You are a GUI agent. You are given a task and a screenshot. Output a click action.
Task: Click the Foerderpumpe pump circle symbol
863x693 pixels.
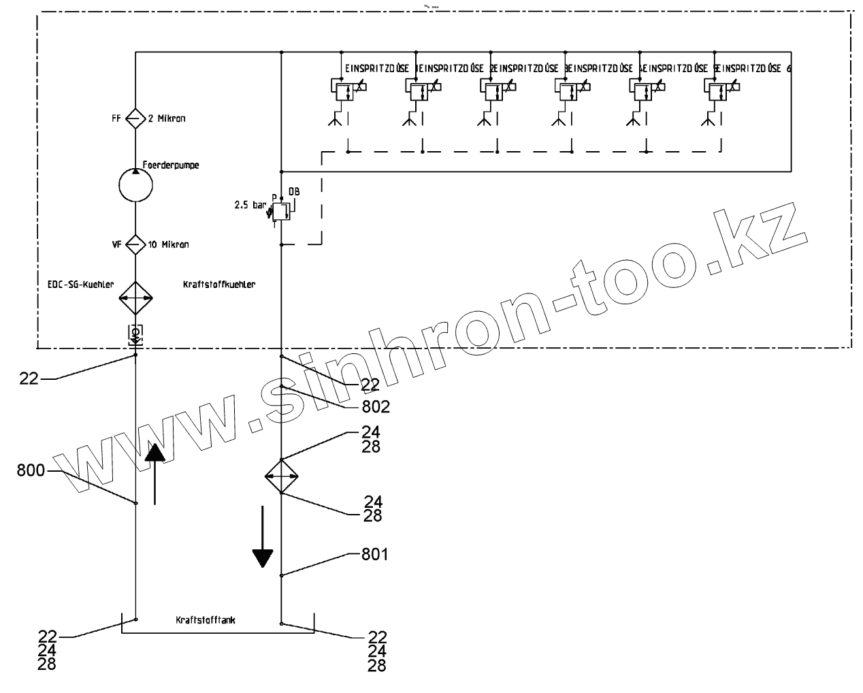(135, 183)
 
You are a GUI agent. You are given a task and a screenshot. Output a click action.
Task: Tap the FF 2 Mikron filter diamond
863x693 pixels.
(135, 118)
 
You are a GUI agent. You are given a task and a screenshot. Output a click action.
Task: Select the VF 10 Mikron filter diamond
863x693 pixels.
(135, 244)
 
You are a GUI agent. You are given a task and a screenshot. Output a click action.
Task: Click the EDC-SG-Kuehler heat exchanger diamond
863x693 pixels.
(135, 297)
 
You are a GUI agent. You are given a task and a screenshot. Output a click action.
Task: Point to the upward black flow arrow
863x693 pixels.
(155, 473)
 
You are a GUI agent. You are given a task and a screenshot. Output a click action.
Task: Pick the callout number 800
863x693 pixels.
(31, 470)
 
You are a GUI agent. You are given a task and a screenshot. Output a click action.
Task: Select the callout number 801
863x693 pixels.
(374, 554)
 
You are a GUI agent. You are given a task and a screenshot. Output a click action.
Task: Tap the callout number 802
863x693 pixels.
(376, 407)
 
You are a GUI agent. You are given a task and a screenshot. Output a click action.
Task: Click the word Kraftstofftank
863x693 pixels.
(206, 620)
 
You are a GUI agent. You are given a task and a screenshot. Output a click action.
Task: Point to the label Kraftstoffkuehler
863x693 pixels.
(219, 285)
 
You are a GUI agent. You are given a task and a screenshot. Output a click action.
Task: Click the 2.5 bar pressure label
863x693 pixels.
(249, 204)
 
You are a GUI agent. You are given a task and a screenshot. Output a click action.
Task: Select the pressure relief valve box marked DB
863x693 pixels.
(282, 211)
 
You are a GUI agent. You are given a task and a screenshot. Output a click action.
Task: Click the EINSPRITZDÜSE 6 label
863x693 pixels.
(755, 69)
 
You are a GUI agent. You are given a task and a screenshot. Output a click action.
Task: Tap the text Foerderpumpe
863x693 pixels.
(171, 165)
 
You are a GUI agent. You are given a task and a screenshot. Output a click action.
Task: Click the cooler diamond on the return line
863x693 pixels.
(282, 476)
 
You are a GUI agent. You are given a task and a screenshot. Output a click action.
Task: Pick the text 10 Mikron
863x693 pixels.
(168, 244)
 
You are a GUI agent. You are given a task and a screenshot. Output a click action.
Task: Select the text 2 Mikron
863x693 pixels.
(166, 118)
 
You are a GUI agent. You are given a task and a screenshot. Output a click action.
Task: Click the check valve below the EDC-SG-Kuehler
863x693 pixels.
(135, 333)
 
